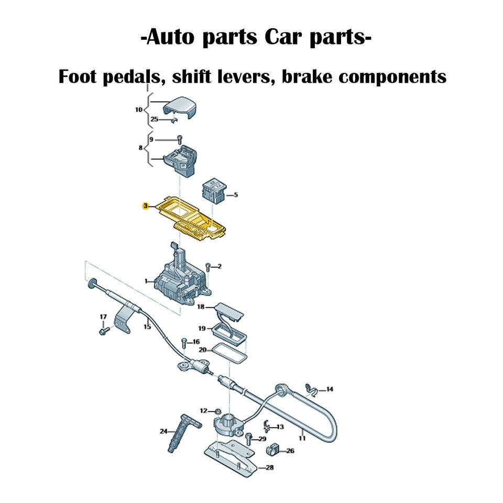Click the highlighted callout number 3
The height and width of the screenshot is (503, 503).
point(146,206)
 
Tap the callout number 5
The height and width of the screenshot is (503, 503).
point(236,195)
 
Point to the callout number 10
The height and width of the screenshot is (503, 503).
point(138,110)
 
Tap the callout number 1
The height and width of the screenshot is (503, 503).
point(146,281)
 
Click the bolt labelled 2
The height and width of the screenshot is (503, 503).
point(208,267)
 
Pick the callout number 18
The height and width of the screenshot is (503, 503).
point(201,307)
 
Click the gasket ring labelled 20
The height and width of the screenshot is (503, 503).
point(228,356)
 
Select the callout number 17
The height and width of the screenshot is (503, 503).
point(103,317)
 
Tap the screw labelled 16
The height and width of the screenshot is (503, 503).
point(184,343)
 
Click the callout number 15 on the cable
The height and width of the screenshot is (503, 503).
point(147,327)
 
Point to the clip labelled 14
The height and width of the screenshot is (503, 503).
point(312,389)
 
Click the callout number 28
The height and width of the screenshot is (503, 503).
point(269,467)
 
